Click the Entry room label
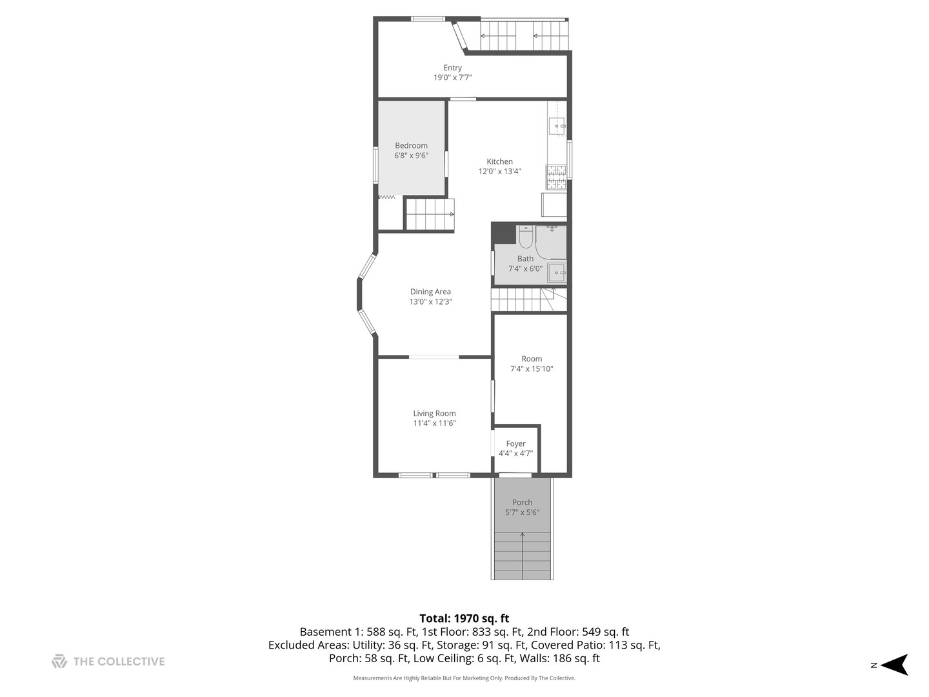point(452,68)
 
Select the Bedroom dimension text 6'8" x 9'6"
point(411,156)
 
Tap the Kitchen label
point(499,161)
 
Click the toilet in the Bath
point(526,237)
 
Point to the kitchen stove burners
point(556,177)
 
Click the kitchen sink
point(556,126)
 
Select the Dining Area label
point(430,292)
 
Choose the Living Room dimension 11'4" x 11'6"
point(434,423)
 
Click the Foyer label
point(515,443)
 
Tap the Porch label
point(522,502)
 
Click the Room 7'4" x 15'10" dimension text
point(532,369)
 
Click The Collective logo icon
point(59,661)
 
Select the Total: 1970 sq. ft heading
point(464,618)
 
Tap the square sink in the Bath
point(556,273)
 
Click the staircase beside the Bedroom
point(430,214)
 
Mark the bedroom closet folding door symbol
point(386,196)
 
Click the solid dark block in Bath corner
point(503,233)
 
